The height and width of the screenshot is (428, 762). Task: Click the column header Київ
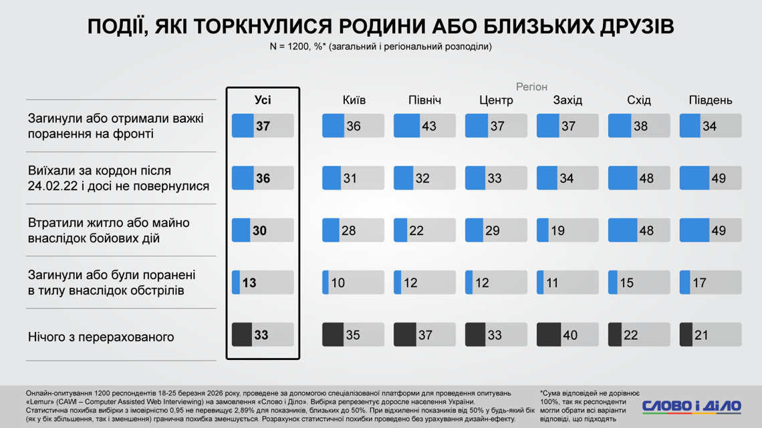click(x=354, y=101)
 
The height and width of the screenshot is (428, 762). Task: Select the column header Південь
click(x=711, y=101)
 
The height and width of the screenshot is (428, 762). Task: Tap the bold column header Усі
click(x=263, y=101)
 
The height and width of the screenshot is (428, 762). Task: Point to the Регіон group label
click(x=531, y=87)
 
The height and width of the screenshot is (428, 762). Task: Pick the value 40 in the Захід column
click(x=570, y=335)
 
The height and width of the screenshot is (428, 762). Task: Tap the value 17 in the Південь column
click(x=699, y=283)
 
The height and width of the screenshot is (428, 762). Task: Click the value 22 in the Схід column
click(x=630, y=335)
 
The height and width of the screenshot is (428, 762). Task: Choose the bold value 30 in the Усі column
click(x=259, y=230)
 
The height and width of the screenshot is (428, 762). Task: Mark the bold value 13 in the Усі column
click(x=249, y=283)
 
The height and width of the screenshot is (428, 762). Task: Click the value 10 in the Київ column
click(x=338, y=283)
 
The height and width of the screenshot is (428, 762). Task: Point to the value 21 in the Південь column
click(x=701, y=335)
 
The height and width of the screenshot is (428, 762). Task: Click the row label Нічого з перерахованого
click(x=101, y=337)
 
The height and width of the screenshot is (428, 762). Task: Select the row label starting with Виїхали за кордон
click(x=118, y=178)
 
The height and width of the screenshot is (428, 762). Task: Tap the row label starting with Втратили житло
click(x=108, y=230)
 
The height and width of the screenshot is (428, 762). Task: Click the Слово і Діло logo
click(x=691, y=405)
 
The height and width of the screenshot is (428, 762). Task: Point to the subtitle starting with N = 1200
click(x=380, y=47)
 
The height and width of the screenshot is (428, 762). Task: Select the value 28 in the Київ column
click(x=348, y=230)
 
